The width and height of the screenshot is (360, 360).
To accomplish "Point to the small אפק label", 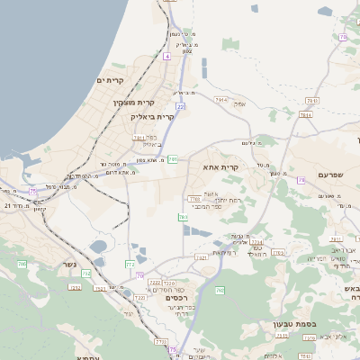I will click(240, 105).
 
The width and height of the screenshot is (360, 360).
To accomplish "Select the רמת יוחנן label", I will click(229, 199).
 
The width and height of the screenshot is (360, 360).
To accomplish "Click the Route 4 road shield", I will click(166, 56).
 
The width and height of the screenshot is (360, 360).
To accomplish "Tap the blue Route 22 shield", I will click(180, 107).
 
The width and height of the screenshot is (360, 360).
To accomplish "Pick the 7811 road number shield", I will click(139, 137).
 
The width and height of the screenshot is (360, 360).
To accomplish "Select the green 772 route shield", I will click(130, 264).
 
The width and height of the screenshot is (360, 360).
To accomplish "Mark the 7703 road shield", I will click(193, 198).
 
